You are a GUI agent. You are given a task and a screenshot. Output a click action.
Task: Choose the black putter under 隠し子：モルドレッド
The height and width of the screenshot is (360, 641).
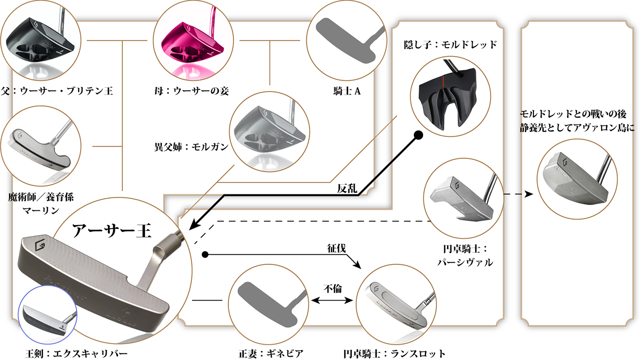tap(449, 99)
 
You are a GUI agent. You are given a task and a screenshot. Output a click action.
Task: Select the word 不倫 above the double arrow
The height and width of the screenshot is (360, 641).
tap(332, 289)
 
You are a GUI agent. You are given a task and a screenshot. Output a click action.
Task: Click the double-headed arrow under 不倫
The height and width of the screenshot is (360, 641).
tap(333, 300)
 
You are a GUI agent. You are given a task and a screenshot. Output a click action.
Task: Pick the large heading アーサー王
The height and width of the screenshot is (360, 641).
tap(111, 232)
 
